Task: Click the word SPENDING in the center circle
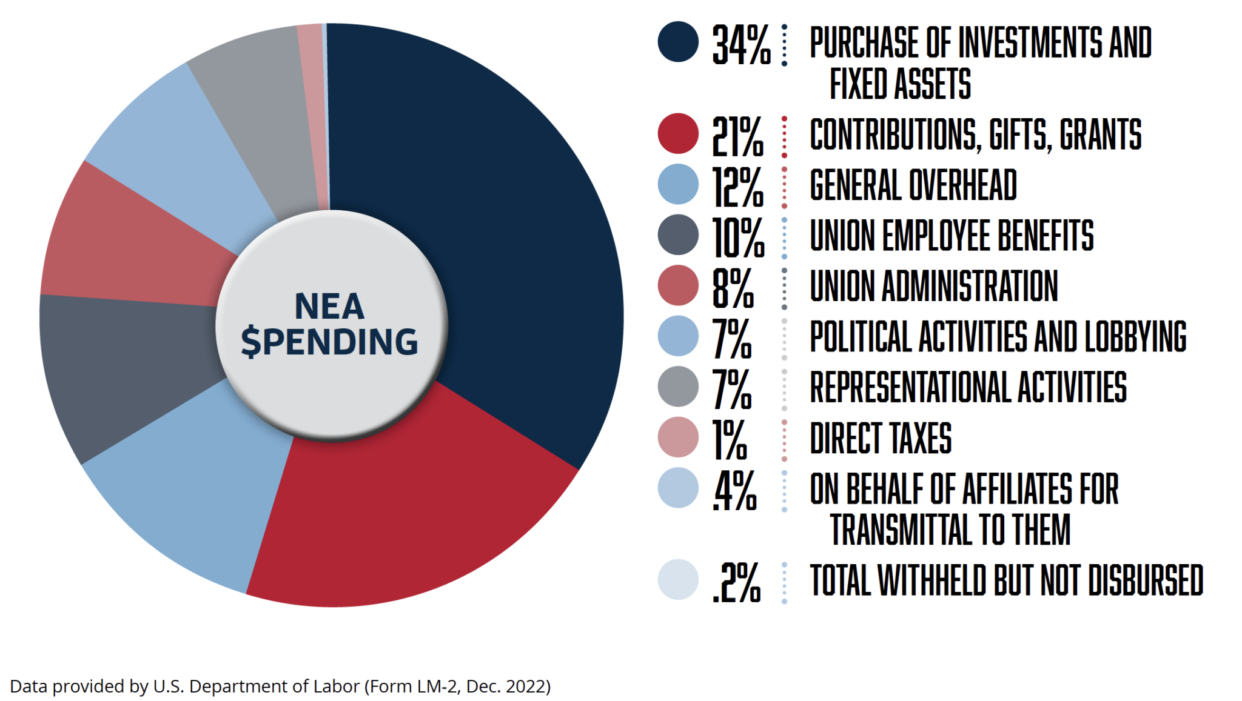pyautogui.click(x=330, y=342)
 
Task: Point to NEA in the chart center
pyautogui.click(x=330, y=306)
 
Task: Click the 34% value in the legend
pyautogui.click(x=740, y=45)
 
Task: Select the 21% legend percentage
pyautogui.click(x=737, y=137)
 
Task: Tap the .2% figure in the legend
pyautogui.click(x=736, y=582)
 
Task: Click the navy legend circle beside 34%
pyautogui.click(x=678, y=42)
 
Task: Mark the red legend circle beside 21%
pyautogui.click(x=678, y=133)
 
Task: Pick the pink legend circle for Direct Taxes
pyautogui.click(x=678, y=437)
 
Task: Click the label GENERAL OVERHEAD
pyautogui.click(x=913, y=185)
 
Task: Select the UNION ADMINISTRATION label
pyautogui.click(x=934, y=286)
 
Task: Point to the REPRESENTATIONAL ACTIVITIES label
pyautogui.click(x=968, y=387)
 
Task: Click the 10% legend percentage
pyautogui.click(x=738, y=238)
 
